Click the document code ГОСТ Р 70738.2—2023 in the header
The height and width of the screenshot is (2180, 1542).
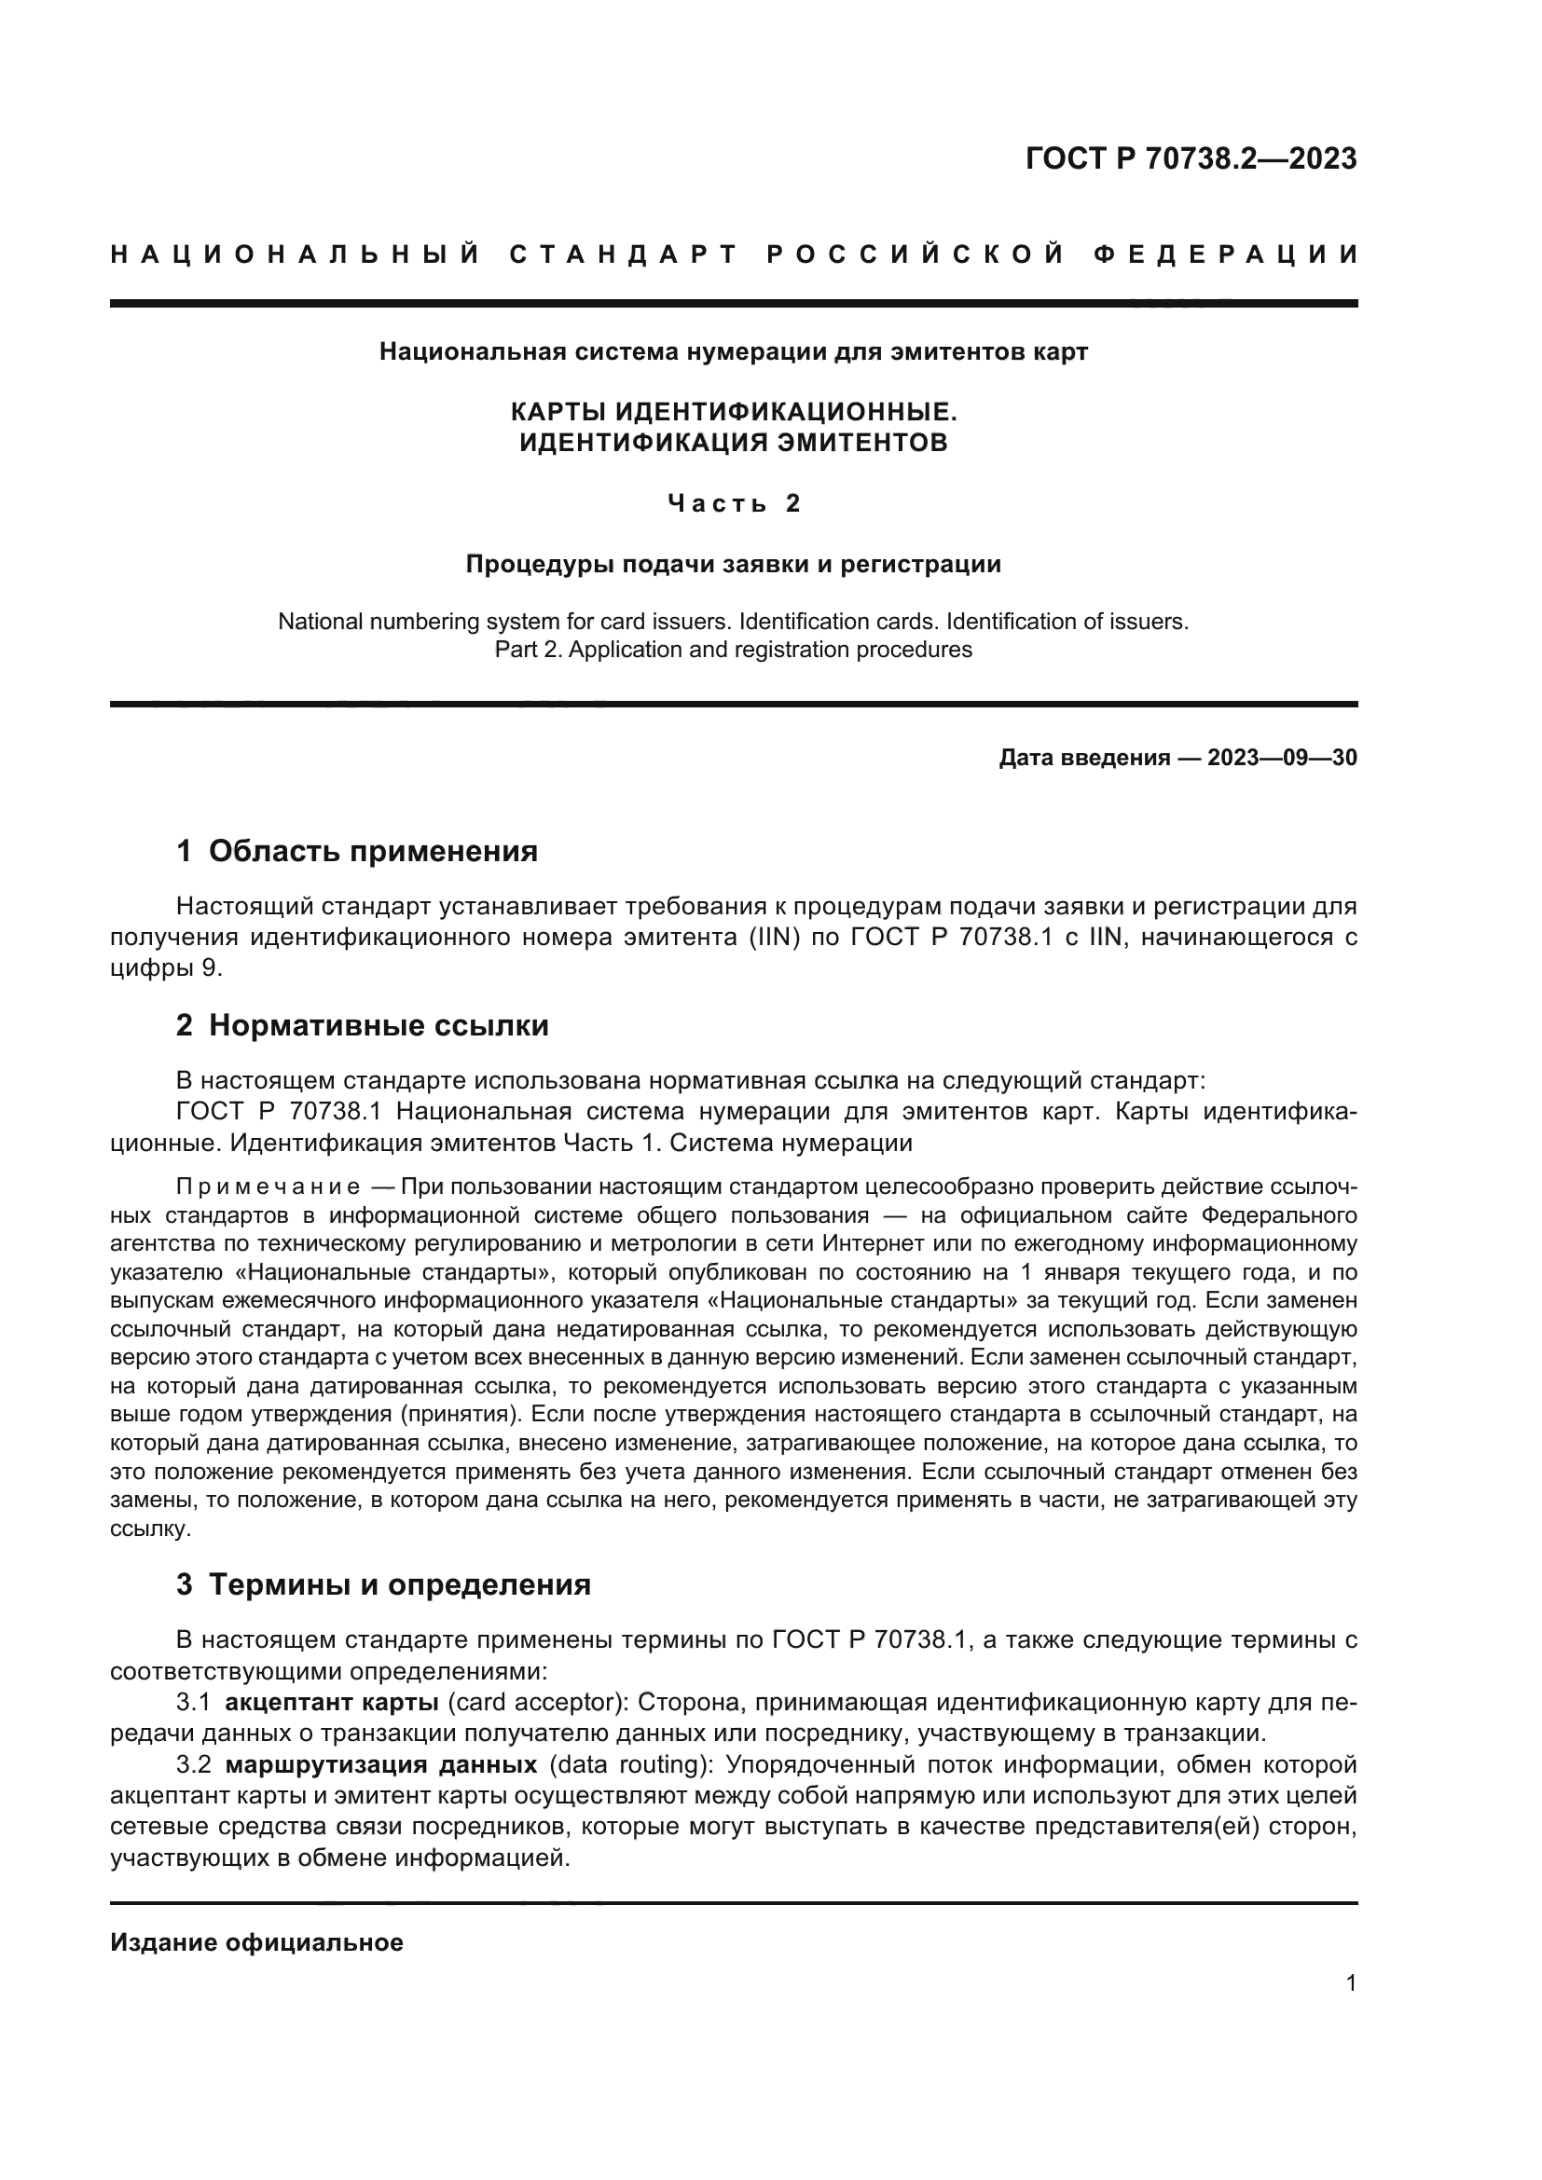tap(1191, 158)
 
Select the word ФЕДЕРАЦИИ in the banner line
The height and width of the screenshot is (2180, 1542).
tap(1226, 254)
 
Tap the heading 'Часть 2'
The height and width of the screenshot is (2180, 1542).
tap(734, 503)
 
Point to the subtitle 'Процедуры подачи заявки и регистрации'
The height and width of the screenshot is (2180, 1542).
tap(733, 564)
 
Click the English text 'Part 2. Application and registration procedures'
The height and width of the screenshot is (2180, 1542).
tap(733, 650)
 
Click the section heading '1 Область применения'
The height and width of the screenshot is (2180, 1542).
tap(357, 851)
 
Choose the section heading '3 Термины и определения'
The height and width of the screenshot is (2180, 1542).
tap(383, 1584)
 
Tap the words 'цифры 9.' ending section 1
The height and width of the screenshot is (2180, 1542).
tap(166, 967)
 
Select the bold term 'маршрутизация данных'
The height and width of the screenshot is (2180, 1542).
tap(381, 1765)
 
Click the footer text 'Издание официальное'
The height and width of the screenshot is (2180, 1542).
tap(256, 1941)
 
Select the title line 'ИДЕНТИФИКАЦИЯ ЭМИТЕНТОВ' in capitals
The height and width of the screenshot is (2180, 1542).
tap(733, 443)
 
